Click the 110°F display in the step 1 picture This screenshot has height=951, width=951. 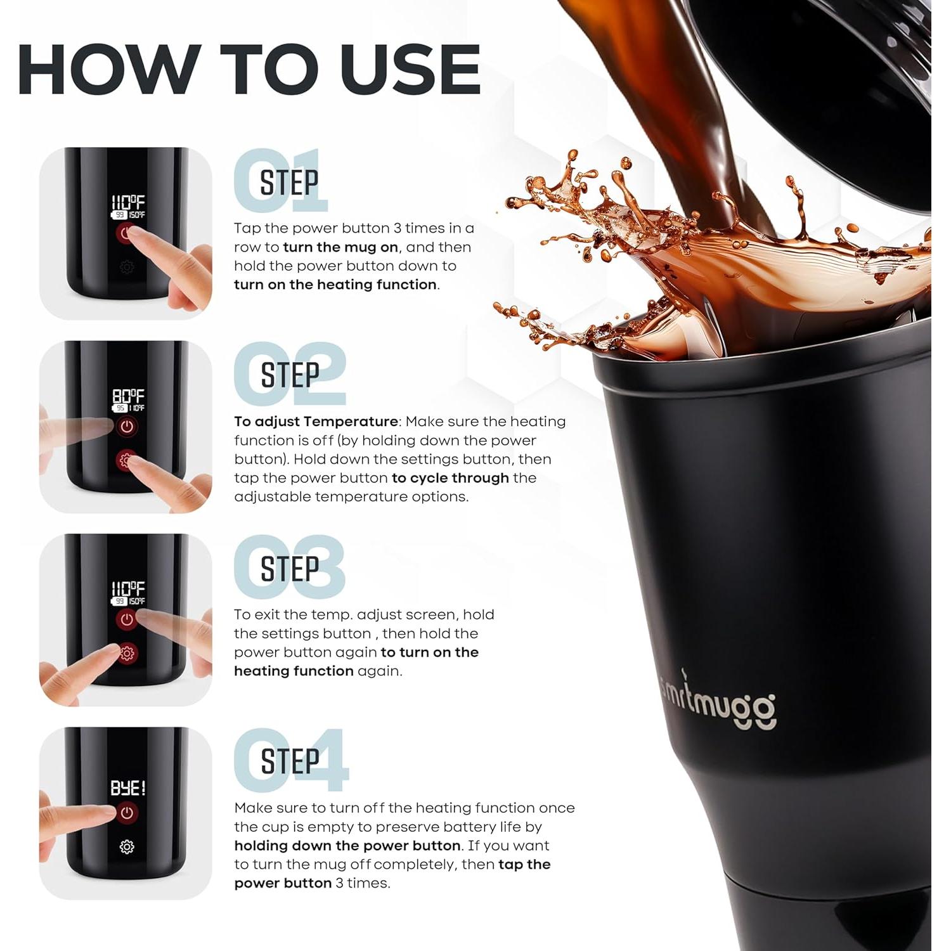[x=128, y=203]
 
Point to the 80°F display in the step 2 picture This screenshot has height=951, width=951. [x=128, y=396]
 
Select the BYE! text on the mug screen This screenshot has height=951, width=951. [x=128, y=788]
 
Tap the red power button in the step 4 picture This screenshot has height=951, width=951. [x=127, y=813]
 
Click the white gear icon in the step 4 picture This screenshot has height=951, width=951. [x=127, y=847]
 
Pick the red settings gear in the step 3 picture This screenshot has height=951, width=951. [x=127, y=653]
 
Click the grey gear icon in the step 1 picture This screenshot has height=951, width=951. [x=127, y=268]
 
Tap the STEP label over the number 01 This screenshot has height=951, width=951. [x=289, y=183]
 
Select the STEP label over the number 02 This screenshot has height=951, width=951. [x=290, y=375]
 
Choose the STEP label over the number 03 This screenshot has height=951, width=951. [x=290, y=569]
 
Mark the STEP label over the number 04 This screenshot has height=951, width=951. [x=290, y=761]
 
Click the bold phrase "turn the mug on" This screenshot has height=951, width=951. [x=340, y=247]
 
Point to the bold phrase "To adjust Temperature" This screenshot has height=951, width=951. [x=316, y=422]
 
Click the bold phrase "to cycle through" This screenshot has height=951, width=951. [x=450, y=478]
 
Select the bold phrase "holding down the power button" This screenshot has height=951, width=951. [x=347, y=846]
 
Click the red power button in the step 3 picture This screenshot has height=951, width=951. [x=127, y=619]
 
